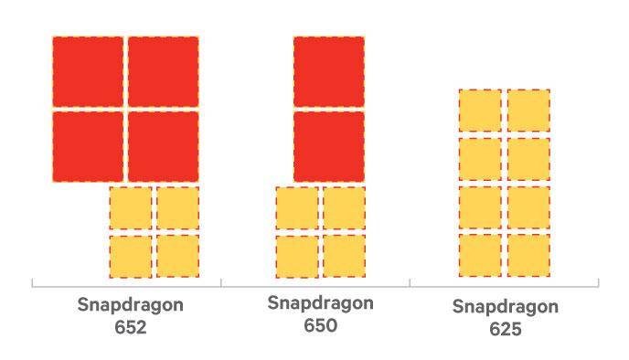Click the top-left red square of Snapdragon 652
tap(88, 72)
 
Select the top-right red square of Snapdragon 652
tap(164, 72)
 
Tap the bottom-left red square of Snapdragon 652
tap(88, 147)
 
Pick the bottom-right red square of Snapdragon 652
tap(164, 147)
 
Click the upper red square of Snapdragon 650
tap(329, 72)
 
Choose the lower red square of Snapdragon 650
tap(329, 147)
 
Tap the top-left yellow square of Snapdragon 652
tap(131, 208)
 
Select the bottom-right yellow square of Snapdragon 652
tap(177, 256)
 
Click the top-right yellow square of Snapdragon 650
tap(344, 208)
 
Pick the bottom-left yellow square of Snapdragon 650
tap(297, 256)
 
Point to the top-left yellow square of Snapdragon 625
tap(480, 111)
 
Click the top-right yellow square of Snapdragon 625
tap(528, 111)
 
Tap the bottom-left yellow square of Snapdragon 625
tap(480, 255)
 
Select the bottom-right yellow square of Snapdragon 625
tap(528, 255)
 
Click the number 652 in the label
tap(131, 327)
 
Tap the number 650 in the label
tap(320, 325)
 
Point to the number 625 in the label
tap(506, 330)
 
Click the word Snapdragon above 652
tap(131, 305)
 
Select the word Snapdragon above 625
tap(506, 308)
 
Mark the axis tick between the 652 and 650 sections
tap(221, 283)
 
